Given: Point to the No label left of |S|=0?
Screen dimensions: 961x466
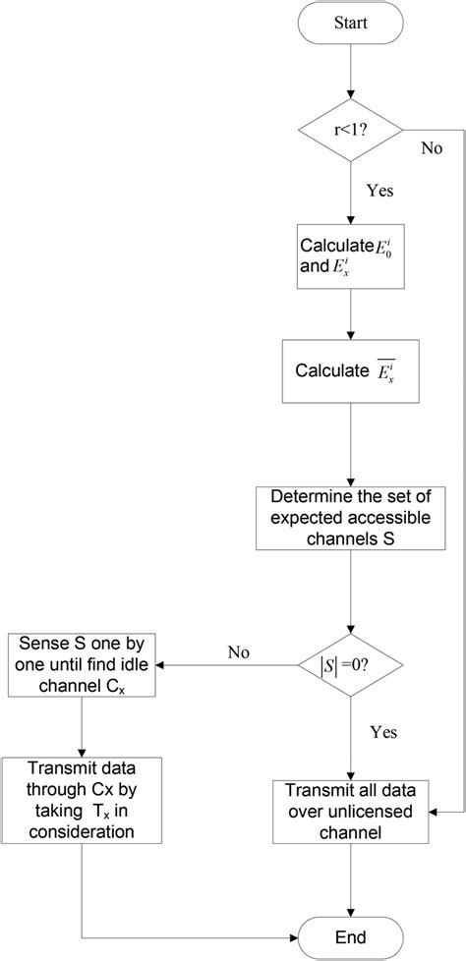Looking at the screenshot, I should [238, 652].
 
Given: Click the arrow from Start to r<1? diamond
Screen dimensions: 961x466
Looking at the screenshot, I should [350, 77].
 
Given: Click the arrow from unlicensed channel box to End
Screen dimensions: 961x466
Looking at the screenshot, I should [350, 875].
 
